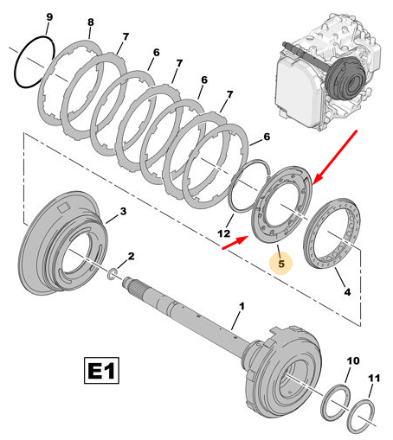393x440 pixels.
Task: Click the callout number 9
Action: pyautogui.click(x=49, y=17)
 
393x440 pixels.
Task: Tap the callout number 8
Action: pyautogui.click(x=91, y=22)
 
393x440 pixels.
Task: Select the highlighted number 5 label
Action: pyautogui.click(x=280, y=263)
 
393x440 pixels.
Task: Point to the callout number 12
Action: pyautogui.click(x=223, y=233)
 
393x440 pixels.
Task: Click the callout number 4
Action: pyautogui.click(x=347, y=292)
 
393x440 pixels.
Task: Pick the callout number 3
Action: pyautogui.click(x=123, y=212)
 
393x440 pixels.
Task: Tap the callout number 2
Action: pyautogui.click(x=131, y=256)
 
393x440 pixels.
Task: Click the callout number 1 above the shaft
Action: pyautogui.click(x=242, y=306)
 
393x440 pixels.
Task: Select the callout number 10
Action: pyautogui.click(x=353, y=360)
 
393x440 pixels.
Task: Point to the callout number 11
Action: pyautogui.click(x=374, y=378)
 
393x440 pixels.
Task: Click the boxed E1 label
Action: pyautogui.click(x=101, y=371)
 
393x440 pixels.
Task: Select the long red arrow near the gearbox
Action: pyautogui.click(x=335, y=157)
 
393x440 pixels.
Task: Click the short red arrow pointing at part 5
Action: pyautogui.click(x=235, y=242)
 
